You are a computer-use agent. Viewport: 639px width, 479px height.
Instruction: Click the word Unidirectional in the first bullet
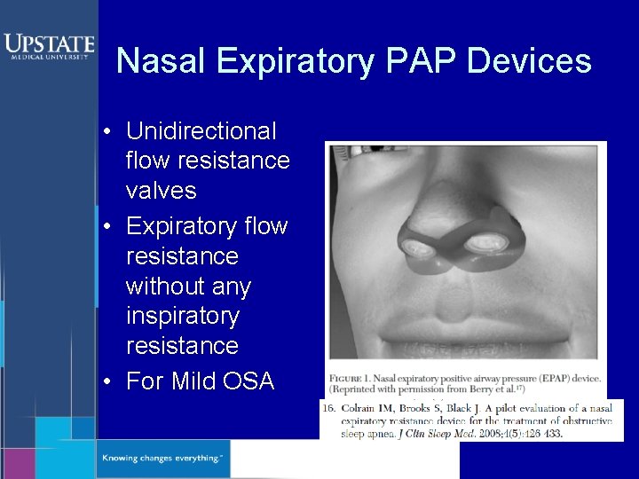201,131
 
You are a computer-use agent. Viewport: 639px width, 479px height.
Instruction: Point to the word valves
162,191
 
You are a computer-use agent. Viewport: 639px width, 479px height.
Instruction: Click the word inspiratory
183,316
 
